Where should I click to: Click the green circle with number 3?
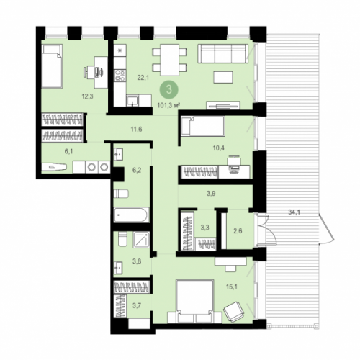click(x=169, y=89)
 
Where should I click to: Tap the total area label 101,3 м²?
click(x=168, y=105)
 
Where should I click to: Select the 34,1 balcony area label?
click(x=294, y=212)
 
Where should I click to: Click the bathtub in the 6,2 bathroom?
click(x=132, y=215)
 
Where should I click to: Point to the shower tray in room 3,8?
click(x=141, y=240)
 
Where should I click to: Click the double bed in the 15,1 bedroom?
click(x=194, y=301)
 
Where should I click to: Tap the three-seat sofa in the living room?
click(x=223, y=53)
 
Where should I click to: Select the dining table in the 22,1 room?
click(x=170, y=60)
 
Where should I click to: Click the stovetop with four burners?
click(x=120, y=75)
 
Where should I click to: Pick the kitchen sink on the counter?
click(x=132, y=101)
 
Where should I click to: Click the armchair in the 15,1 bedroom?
click(x=234, y=312)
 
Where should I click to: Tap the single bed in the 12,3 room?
click(x=52, y=66)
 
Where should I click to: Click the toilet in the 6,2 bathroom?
click(x=121, y=194)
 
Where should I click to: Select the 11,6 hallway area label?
click(x=136, y=129)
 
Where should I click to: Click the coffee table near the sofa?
click(x=223, y=77)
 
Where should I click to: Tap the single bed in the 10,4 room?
click(x=203, y=127)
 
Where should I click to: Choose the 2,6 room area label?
click(x=238, y=231)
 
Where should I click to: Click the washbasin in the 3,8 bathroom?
click(x=118, y=268)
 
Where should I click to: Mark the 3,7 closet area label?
click(x=137, y=305)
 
